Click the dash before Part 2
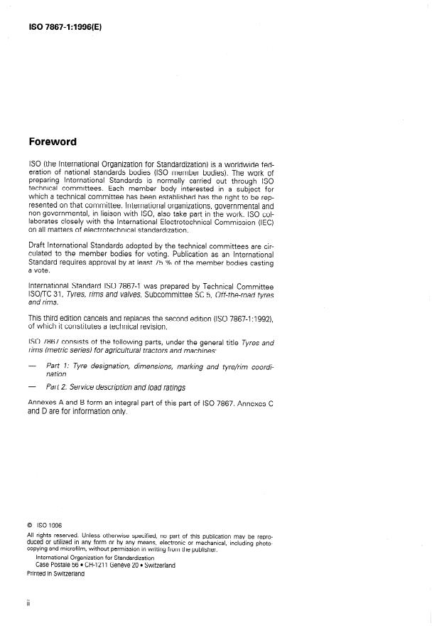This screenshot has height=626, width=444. click(x=32, y=387)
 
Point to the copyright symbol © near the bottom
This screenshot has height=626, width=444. click(x=29, y=526)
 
